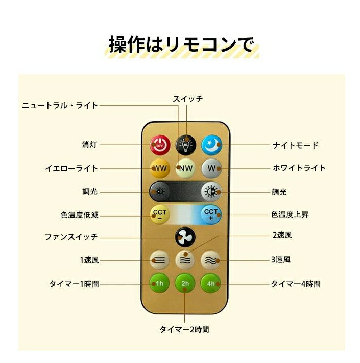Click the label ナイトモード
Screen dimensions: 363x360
tap(295, 145)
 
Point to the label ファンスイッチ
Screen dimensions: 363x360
tap(71, 237)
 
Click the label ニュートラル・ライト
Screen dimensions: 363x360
tap(60, 105)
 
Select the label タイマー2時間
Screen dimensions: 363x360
tap(184, 329)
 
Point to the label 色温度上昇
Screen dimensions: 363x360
tap(290, 215)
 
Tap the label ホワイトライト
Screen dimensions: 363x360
tap(298, 168)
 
